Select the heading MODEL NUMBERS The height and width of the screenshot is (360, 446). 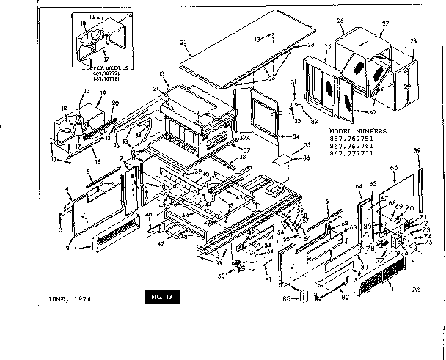coord(363,138)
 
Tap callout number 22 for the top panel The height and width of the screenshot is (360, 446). coord(185,42)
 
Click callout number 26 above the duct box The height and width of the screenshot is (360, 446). coord(340,21)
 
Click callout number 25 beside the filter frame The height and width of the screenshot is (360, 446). coord(328,47)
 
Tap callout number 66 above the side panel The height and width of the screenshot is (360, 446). coord(393,168)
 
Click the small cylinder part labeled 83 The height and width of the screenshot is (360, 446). coord(301,295)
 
